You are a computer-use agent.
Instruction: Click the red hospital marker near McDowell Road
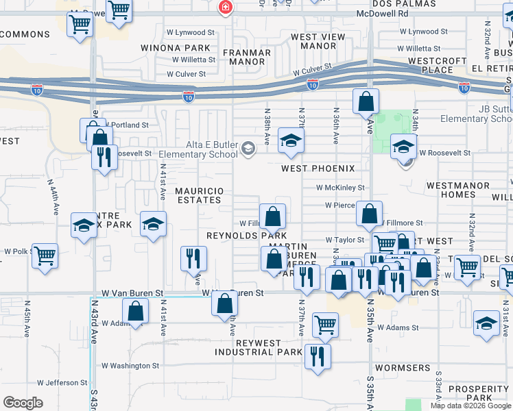point(224,8)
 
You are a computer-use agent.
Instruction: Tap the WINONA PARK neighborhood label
point(175,48)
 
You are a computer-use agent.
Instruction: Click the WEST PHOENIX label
point(318,169)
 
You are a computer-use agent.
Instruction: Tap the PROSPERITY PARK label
point(479,393)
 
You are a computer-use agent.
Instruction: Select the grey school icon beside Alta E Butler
point(247,148)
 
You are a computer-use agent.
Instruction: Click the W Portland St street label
point(127,125)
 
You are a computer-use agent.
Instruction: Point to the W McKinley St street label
point(340,187)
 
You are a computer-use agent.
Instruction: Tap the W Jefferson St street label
point(62,383)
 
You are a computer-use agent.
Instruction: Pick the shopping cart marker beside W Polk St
point(45,256)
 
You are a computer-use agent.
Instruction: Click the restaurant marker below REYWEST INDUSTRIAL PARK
point(317,356)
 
